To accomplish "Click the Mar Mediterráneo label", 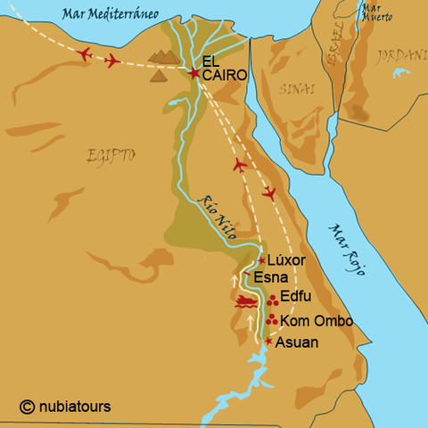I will [x=103, y=13].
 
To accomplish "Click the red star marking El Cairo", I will [x=193, y=71].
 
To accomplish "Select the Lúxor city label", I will [x=286, y=259].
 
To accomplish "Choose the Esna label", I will [x=270, y=277].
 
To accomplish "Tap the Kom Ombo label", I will [x=317, y=321].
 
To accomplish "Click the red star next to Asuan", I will [x=267, y=341].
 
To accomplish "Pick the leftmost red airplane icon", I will [x=85, y=55].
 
